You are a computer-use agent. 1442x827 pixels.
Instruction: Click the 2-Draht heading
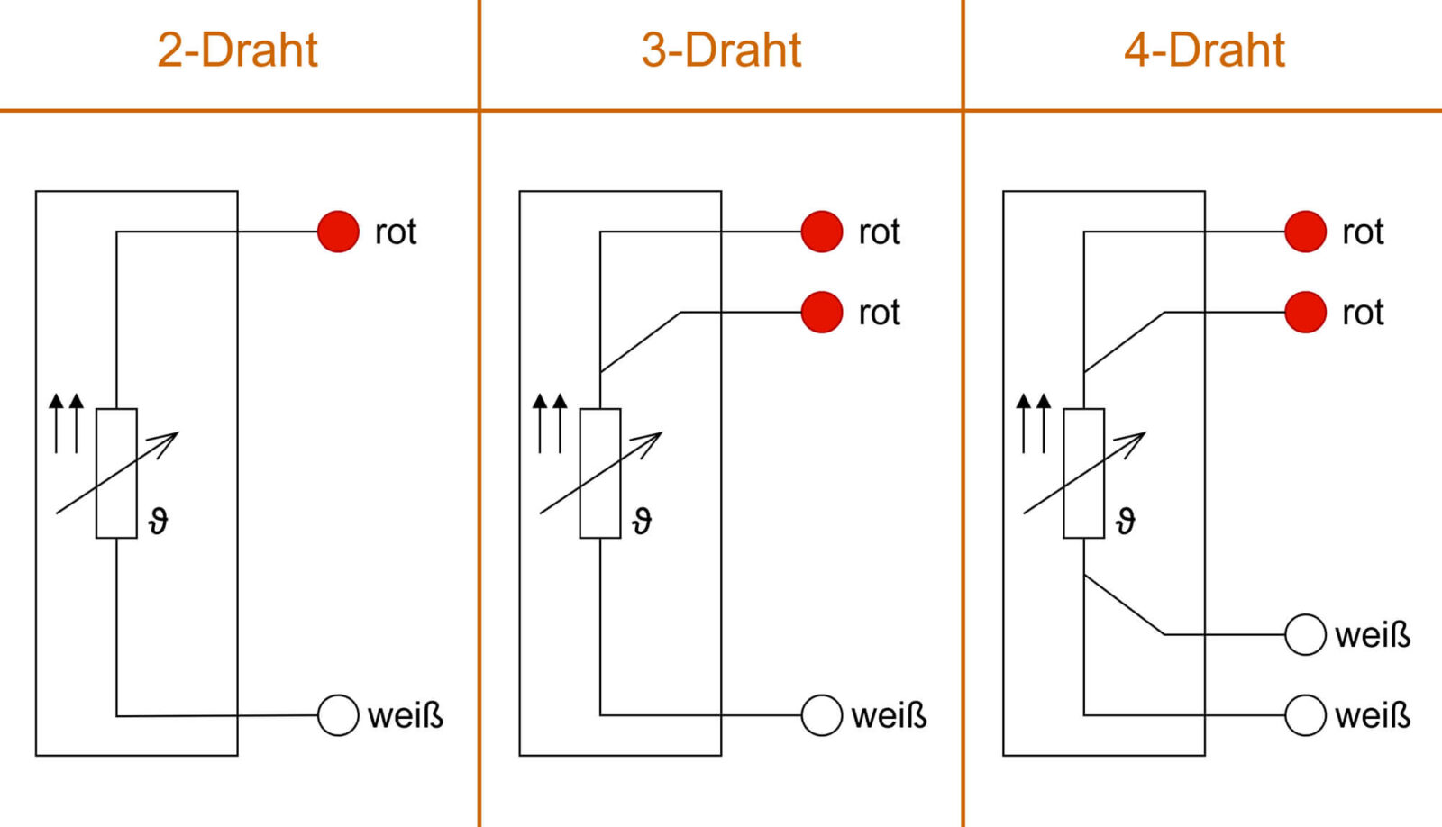pyautogui.click(x=237, y=50)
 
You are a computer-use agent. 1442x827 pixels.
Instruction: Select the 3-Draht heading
pyautogui.click(x=721, y=50)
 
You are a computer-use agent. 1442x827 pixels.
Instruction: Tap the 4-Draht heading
pyautogui.click(x=1204, y=50)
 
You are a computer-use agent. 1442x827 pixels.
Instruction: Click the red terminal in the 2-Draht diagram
pyautogui.click(x=339, y=232)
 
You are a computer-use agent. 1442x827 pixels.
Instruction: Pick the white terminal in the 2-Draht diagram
pyautogui.click(x=339, y=715)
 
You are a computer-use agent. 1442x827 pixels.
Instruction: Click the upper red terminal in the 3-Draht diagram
pyautogui.click(x=822, y=232)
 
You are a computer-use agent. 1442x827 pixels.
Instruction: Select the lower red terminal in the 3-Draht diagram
pyautogui.click(x=822, y=313)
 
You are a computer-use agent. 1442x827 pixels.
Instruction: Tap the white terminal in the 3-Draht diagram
pyautogui.click(x=822, y=715)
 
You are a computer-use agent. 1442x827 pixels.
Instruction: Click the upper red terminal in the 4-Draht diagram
pyautogui.click(x=1305, y=232)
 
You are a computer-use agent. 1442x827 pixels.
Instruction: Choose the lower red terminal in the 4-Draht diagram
pyautogui.click(x=1305, y=313)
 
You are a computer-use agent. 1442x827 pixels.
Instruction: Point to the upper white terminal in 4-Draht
pyautogui.click(x=1305, y=634)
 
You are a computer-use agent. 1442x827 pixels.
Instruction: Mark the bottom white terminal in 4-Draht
pyautogui.click(x=1305, y=715)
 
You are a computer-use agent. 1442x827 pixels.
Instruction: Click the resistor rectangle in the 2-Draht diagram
pyautogui.click(x=116, y=473)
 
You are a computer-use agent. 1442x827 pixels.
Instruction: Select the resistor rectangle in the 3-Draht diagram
pyautogui.click(x=600, y=473)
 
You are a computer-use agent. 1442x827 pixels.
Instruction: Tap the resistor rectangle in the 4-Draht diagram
pyautogui.click(x=1083, y=473)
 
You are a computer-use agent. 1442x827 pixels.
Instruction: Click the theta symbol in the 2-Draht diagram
pyautogui.click(x=159, y=521)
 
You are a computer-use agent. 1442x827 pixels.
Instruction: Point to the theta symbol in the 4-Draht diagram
pyautogui.click(x=1126, y=521)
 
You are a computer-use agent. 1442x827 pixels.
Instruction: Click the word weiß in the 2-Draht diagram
pyautogui.click(x=406, y=716)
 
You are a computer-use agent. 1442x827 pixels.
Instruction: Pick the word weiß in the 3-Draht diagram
pyautogui.click(x=889, y=716)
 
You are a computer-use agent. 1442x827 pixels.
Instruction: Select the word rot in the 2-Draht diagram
pyautogui.click(x=396, y=232)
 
